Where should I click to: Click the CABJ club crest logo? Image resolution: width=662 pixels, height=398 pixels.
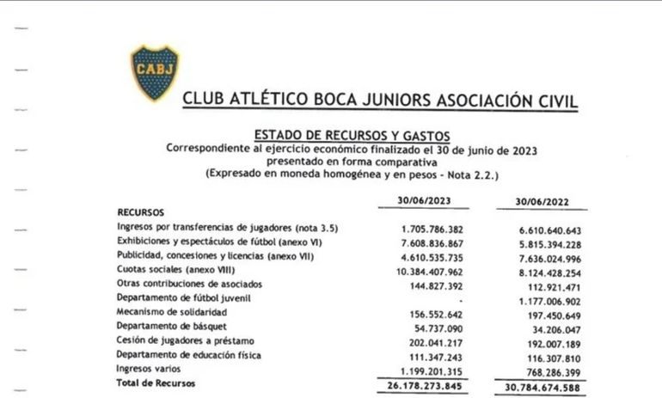(155, 72)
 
